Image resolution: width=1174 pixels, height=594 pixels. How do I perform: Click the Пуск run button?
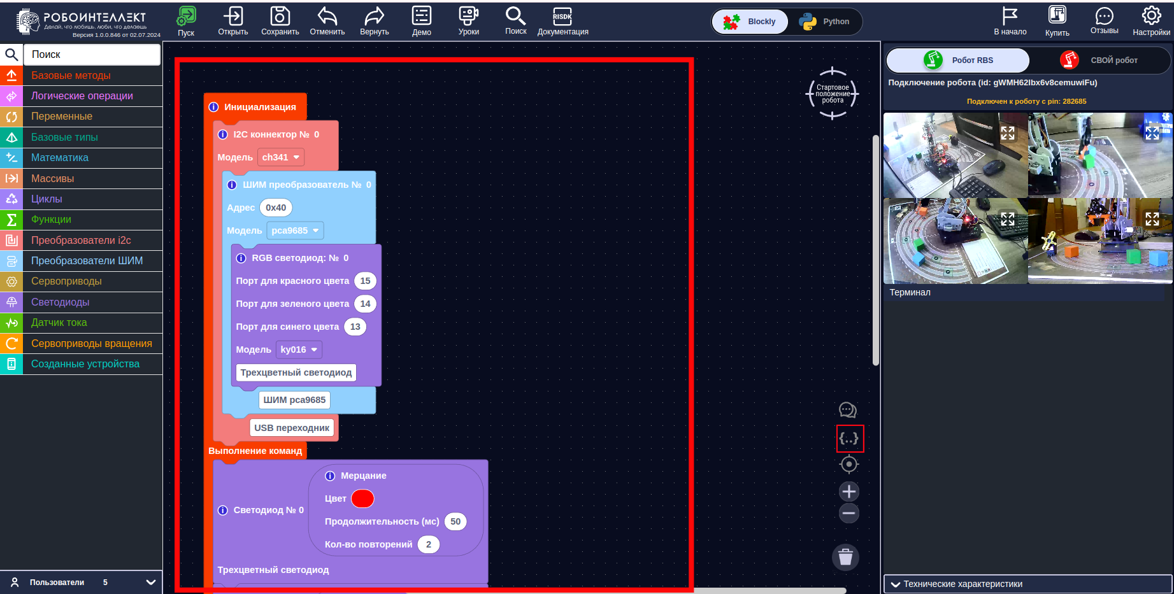[x=186, y=22]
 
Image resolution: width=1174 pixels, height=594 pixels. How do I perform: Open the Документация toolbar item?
[x=562, y=22]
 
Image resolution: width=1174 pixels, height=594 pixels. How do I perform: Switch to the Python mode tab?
[x=825, y=22]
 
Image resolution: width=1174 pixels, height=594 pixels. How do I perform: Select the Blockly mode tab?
[x=750, y=22]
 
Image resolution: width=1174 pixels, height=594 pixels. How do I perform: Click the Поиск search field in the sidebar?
[x=92, y=55]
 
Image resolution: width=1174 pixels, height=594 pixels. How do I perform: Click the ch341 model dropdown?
[x=280, y=157]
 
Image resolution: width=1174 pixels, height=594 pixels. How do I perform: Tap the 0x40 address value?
[x=276, y=208]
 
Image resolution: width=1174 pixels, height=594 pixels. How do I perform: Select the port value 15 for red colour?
[x=365, y=281]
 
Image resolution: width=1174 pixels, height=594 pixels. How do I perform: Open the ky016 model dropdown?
[x=299, y=350]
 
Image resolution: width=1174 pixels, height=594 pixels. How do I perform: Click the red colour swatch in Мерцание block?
[x=362, y=499]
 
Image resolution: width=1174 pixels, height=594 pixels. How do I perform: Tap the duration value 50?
[x=455, y=521]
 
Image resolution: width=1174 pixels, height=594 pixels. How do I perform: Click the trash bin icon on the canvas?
[x=845, y=557]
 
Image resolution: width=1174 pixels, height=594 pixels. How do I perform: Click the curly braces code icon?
[x=849, y=439]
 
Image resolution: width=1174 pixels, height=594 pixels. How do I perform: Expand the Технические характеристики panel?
[x=1027, y=584]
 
